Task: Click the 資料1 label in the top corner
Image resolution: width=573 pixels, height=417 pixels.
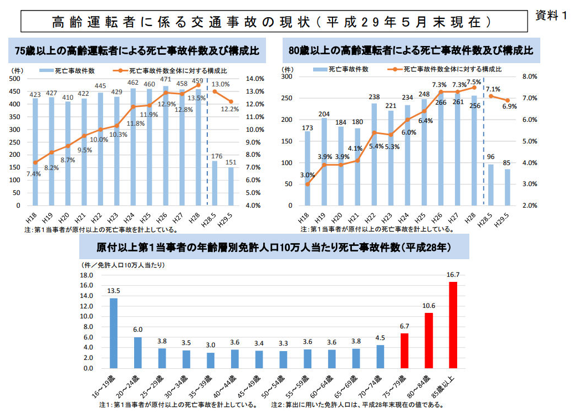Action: [x=551, y=16]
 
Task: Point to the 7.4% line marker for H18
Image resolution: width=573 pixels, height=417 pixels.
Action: [x=35, y=162]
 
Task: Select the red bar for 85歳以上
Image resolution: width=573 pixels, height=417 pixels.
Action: [x=453, y=325]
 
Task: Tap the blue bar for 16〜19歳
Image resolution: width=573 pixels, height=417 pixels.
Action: [x=114, y=333]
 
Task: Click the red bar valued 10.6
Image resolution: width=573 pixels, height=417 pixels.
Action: [x=428, y=341]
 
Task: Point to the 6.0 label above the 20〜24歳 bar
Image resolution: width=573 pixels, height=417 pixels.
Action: [x=138, y=330]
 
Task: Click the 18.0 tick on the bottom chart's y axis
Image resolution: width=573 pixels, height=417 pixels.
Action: [x=86, y=275]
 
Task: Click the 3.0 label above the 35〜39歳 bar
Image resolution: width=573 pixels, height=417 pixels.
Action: [x=211, y=344]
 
